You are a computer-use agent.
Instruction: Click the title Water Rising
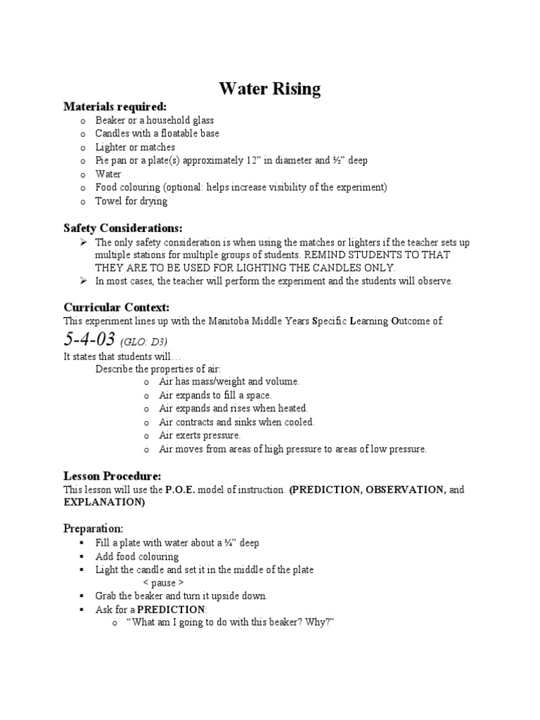[x=269, y=89]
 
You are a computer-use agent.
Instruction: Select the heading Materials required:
[x=115, y=107]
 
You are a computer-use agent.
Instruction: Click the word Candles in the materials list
[x=112, y=134]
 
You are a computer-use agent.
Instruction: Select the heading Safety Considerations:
[x=122, y=228]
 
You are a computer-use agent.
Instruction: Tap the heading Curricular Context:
[x=116, y=307]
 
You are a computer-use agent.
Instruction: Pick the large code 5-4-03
[x=89, y=340]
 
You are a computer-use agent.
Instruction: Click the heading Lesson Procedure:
[x=112, y=475]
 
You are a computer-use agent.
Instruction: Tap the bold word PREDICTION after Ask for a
[x=170, y=610]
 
